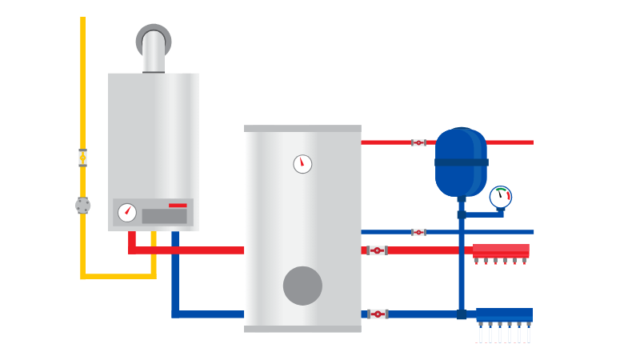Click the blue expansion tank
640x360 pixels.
pos(461,162)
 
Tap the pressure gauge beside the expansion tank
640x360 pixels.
pos(501,197)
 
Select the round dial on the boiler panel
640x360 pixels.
pos(126,213)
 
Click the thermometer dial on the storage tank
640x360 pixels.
pos(302,164)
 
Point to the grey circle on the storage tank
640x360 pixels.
pos(302,286)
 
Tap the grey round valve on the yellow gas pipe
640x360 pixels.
pos(83,206)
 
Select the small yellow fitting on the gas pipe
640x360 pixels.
pos(83,158)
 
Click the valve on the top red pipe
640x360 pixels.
pos(418,142)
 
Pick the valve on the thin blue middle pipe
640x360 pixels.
pos(418,232)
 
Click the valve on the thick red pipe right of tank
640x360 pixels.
pos(377,250)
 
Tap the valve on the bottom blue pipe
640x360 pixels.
pos(378,314)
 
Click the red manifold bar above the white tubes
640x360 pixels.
pos(501,250)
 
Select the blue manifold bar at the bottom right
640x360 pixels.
pos(504,315)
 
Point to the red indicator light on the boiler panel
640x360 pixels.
pos(178,206)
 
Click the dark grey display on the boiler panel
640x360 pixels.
pos(164,216)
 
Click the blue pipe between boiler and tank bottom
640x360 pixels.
pos(208,314)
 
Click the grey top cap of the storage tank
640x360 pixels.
pos(302,128)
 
